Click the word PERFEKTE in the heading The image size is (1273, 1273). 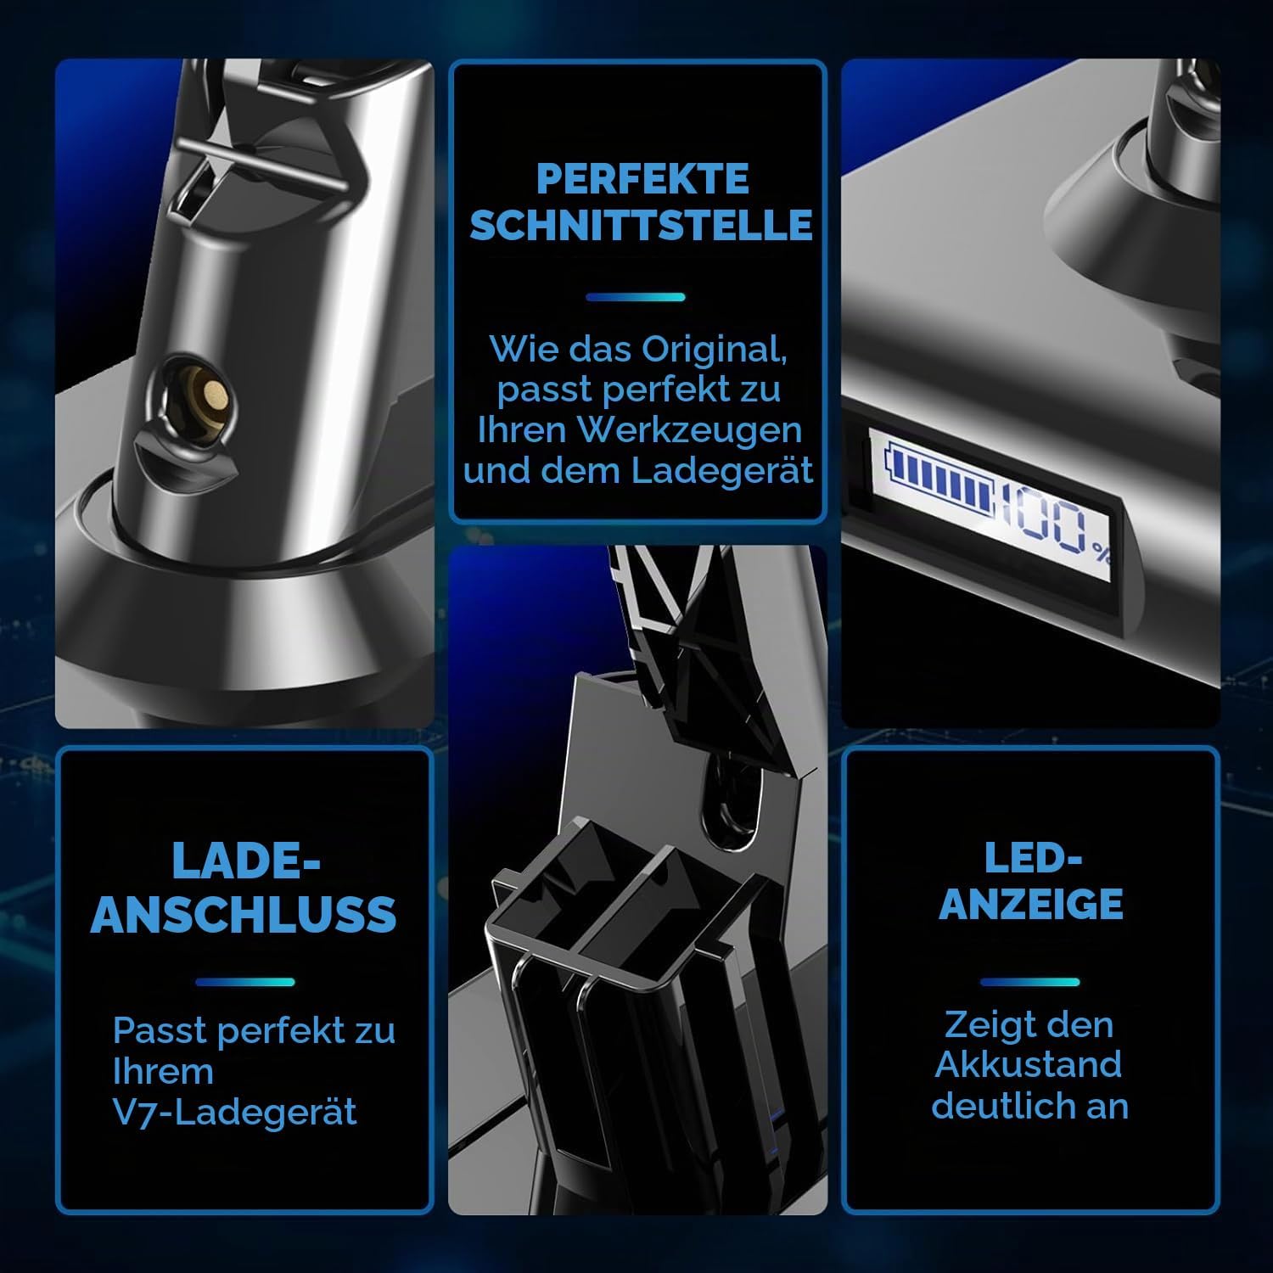642,179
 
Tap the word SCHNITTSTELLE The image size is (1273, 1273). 642,225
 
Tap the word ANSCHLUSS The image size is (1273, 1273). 244,914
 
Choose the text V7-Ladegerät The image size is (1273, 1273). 234,1113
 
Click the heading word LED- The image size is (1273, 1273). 1033,859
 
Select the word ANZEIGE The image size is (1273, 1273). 1030,904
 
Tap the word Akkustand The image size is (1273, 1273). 1029,1065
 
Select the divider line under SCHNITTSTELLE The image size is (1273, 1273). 636,297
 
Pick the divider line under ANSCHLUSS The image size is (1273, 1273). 244,982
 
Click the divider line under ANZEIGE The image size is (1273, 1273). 1029,982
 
